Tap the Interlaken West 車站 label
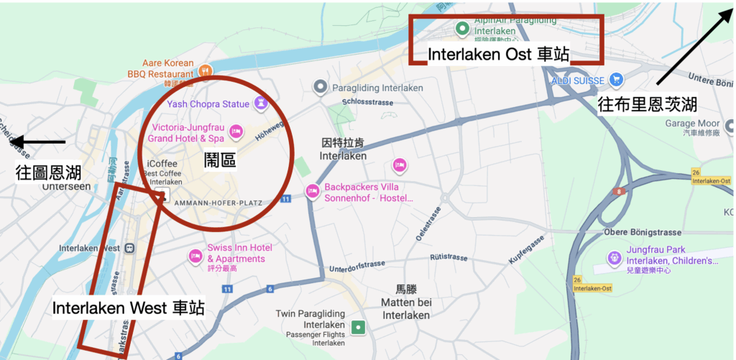click(128, 308)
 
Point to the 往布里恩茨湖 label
click(647, 106)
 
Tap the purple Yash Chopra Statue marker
click(261, 103)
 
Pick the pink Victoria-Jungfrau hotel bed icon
click(236, 131)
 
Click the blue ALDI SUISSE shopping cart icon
click(615, 79)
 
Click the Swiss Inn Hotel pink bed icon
click(195, 255)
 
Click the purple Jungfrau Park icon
click(614, 257)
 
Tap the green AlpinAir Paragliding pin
click(463, 29)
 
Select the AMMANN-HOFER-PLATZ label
click(218, 203)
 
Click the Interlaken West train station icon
click(129, 248)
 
